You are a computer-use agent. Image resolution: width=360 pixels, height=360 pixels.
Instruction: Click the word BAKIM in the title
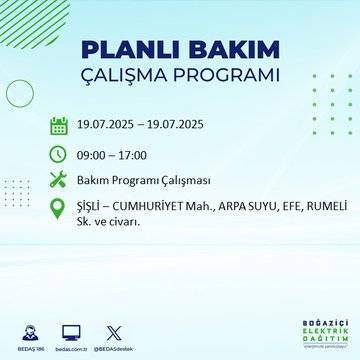point(221,51)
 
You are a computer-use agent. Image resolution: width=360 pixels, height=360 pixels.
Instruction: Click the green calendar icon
point(59,126)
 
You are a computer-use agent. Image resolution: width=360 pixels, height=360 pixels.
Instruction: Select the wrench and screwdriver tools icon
point(59,180)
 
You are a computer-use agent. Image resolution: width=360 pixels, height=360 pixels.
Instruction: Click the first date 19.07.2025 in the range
point(110,126)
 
